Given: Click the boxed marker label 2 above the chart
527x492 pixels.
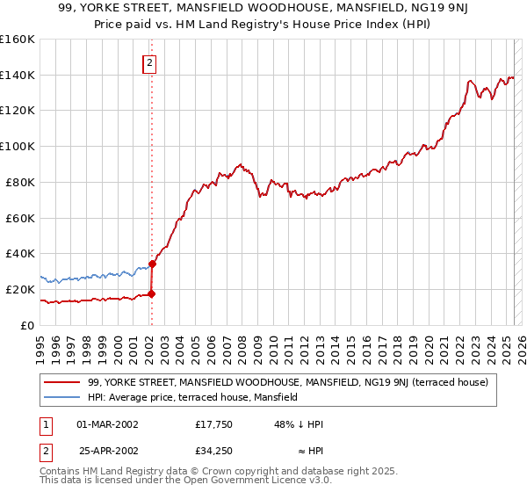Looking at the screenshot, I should tap(150, 62).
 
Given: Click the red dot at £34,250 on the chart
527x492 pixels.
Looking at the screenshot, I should tap(152, 263).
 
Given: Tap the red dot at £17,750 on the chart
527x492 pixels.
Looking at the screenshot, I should tap(151, 293).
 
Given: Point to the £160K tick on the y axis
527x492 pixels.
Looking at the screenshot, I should tap(18, 40).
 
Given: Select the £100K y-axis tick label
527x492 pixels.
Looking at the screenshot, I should tap(18, 147).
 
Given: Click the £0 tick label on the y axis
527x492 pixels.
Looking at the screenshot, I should tap(27, 325).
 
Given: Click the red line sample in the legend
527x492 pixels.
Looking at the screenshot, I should tap(61, 382).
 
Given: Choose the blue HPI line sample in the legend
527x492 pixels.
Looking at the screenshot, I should tap(61, 397).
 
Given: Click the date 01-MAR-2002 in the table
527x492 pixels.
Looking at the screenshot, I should tap(107, 424).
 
